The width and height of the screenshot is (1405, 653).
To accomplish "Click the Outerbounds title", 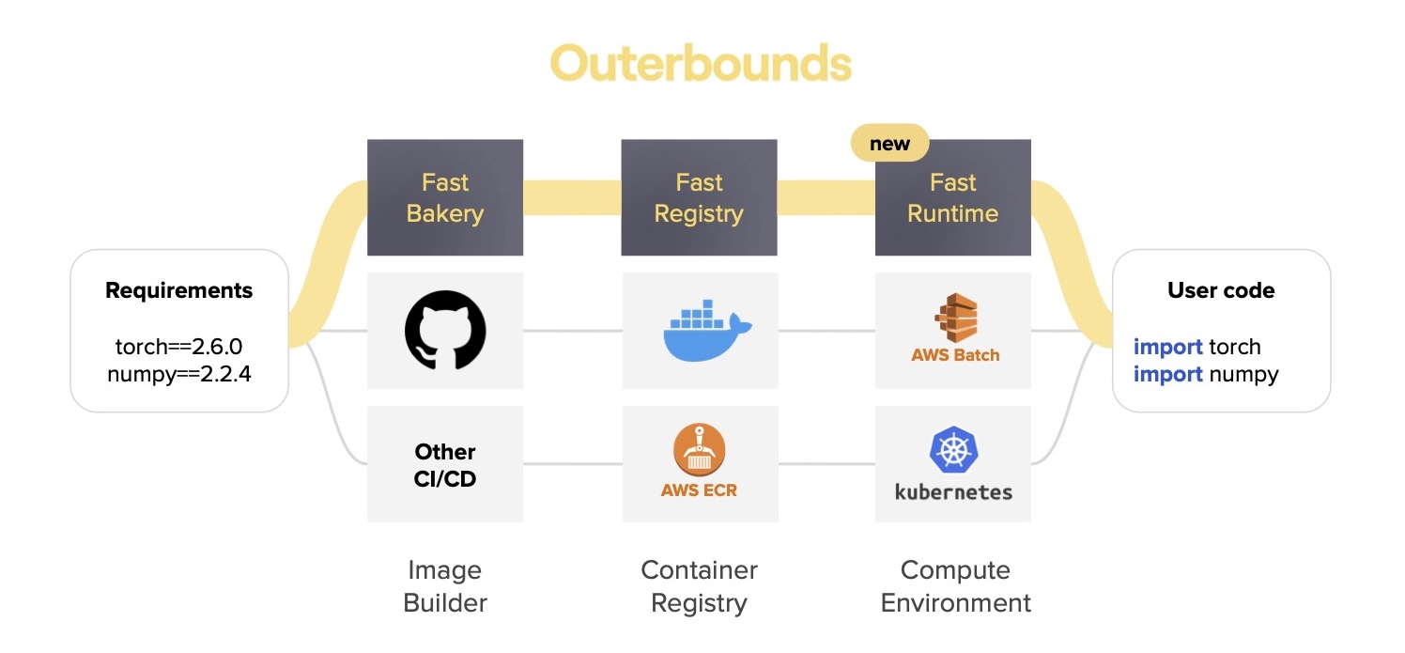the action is tap(701, 63).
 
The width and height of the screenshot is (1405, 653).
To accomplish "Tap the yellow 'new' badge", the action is tap(889, 143).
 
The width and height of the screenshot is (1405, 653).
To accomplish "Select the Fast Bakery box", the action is tap(445, 197).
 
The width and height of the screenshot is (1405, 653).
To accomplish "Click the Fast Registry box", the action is tap(699, 197).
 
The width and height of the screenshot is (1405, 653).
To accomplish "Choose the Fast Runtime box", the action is tap(952, 197).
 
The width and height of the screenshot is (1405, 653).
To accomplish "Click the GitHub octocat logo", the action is tap(445, 330).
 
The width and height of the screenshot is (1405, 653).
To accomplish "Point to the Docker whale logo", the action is tap(707, 331).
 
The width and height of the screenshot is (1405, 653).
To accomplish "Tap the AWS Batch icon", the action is tap(955, 318).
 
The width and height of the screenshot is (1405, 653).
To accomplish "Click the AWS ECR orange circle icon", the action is tap(699, 450).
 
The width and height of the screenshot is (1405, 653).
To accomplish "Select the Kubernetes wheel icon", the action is tap(953, 449).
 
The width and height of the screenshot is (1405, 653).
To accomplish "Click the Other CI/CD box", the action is tap(445, 463).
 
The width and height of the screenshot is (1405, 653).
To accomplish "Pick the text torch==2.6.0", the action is tap(178, 347).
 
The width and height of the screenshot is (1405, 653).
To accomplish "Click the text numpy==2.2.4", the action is tap(178, 374).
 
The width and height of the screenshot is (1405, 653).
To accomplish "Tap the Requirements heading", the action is tap(178, 290).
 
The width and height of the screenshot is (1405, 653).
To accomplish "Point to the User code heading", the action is tap(1221, 290).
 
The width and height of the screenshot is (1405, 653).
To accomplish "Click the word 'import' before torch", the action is tap(1167, 347).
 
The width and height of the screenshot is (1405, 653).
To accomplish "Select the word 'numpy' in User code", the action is tap(1243, 375).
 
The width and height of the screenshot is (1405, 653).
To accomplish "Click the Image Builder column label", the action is tap(445, 586).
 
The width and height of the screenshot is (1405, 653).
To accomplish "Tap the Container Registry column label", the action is tap(699, 586).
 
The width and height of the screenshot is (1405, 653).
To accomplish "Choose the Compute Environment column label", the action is tap(955, 586).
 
